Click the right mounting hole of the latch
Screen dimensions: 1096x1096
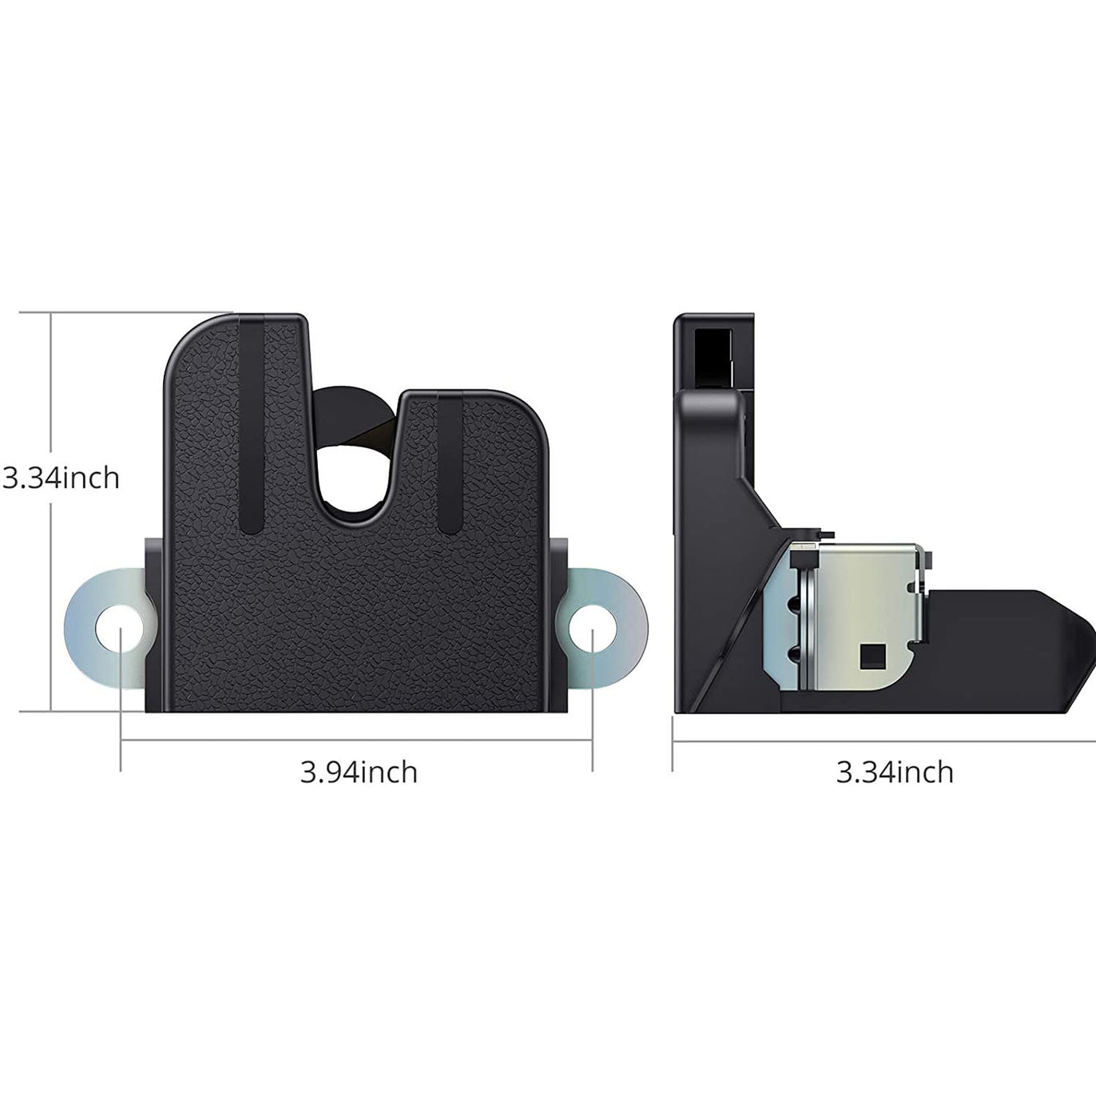click(592, 628)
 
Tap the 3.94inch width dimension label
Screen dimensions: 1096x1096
click(359, 772)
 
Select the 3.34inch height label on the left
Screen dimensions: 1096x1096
click(61, 478)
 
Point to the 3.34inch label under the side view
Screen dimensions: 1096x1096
click(895, 772)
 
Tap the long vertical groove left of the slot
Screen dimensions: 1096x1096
click(252, 423)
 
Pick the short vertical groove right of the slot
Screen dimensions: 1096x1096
click(449, 463)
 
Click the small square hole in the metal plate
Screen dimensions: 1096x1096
click(868, 657)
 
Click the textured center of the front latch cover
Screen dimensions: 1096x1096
click(355, 615)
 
